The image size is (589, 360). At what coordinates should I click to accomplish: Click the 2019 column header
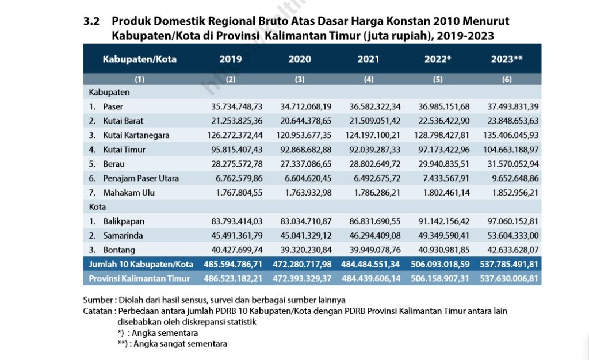pyautogui.click(x=231, y=59)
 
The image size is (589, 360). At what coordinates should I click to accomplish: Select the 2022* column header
pyautogui.click(x=438, y=59)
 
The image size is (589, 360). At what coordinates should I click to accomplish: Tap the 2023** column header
pyautogui.click(x=507, y=59)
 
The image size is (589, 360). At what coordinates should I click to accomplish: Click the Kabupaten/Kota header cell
pyautogui.click(x=140, y=59)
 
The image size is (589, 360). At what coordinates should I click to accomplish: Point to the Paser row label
pyautogui.click(x=113, y=106)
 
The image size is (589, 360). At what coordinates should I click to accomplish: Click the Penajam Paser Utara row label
pyautogui.click(x=141, y=178)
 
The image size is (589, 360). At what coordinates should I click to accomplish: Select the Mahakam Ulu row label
pyautogui.click(x=129, y=193)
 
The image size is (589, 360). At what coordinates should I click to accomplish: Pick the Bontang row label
pyautogui.click(x=119, y=250)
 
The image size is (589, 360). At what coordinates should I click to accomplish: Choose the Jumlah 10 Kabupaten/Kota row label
pyautogui.click(x=141, y=265)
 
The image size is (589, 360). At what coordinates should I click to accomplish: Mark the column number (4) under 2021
pyautogui.click(x=369, y=80)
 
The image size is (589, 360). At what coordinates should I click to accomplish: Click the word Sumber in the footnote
pyautogui.click(x=97, y=300)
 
